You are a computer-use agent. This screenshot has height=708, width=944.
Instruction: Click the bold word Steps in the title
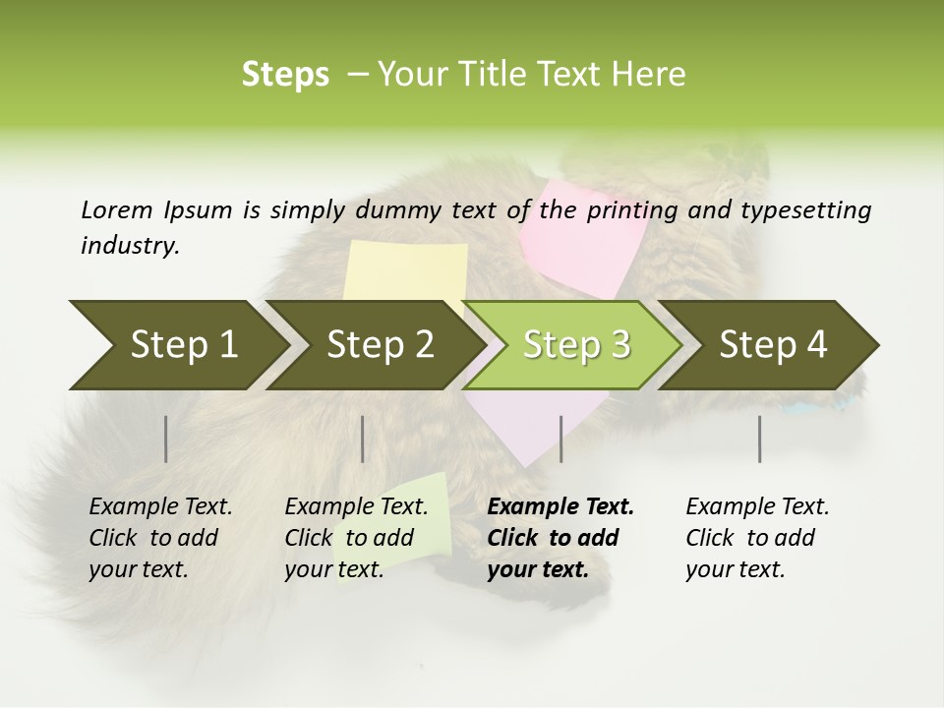pyautogui.click(x=285, y=75)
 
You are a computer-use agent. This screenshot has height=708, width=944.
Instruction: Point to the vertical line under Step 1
pyautogui.click(x=166, y=439)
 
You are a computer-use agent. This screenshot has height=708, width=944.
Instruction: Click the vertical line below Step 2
pyautogui.click(x=363, y=439)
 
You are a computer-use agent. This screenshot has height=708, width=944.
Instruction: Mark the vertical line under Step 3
pyautogui.click(x=561, y=439)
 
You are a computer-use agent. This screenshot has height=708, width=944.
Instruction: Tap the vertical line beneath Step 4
pyautogui.click(x=760, y=439)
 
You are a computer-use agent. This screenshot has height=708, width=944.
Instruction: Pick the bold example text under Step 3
pyautogui.click(x=560, y=538)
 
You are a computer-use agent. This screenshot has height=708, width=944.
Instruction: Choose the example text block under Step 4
pyautogui.click(x=757, y=538)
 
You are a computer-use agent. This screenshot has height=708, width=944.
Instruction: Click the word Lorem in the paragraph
pyautogui.click(x=115, y=210)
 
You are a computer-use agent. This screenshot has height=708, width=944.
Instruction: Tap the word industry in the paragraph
pyautogui.click(x=129, y=246)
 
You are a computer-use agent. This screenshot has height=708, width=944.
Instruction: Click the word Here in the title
pyautogui.click(x=653, y=75)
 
